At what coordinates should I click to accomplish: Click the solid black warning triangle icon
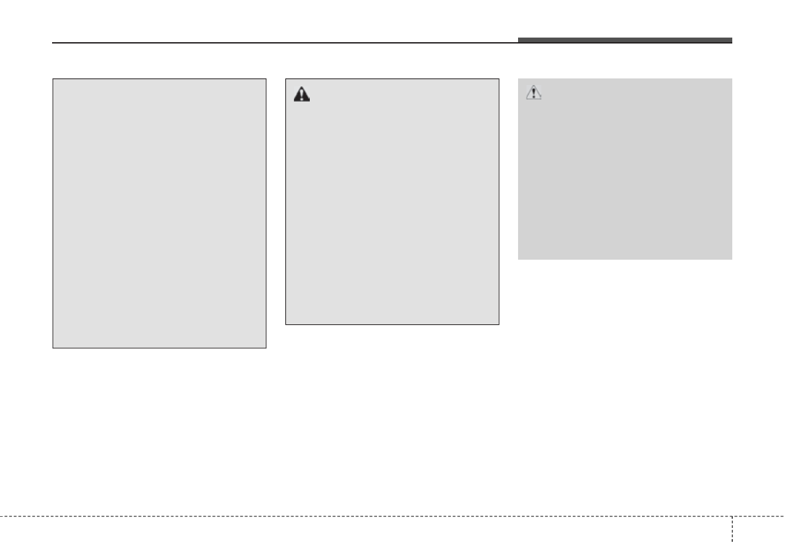coord(301,94)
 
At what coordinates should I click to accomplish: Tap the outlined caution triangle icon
coord(533,93)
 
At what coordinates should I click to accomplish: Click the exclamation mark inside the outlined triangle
coord(533,94)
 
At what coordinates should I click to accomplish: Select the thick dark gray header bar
coord(624,40)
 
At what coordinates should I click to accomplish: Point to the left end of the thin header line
coord(53,44)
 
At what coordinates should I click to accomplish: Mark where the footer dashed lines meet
coord(732,515)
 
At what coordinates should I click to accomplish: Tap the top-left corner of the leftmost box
coord(53,80)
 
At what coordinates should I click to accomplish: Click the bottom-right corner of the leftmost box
coord(266,347)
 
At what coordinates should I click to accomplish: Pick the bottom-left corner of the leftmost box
coord(53,347)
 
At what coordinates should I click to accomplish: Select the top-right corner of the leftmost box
coord(266,80)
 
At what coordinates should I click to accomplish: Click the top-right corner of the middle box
coord(498,80)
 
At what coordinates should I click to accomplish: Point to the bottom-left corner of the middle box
coord(285,324)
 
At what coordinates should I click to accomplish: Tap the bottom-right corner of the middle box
coord(498,324)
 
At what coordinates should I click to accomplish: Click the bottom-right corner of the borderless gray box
coord(732,259)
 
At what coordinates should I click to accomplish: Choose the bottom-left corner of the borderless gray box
coord(519,259)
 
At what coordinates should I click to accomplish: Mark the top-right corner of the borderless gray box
coord(732,79)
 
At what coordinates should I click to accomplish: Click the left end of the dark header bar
coord(519,40)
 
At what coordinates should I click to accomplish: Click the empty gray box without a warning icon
coord(160,214)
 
